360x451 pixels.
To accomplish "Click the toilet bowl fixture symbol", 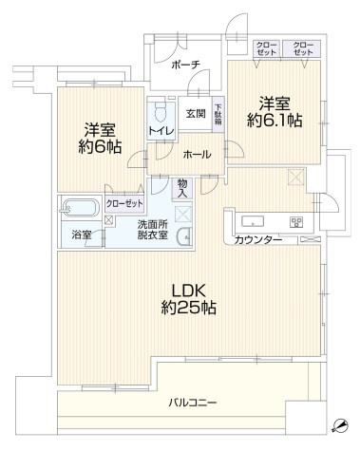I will (159, 110).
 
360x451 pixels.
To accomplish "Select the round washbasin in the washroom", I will (181, 237).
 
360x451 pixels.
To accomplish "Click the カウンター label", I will (258, 239).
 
